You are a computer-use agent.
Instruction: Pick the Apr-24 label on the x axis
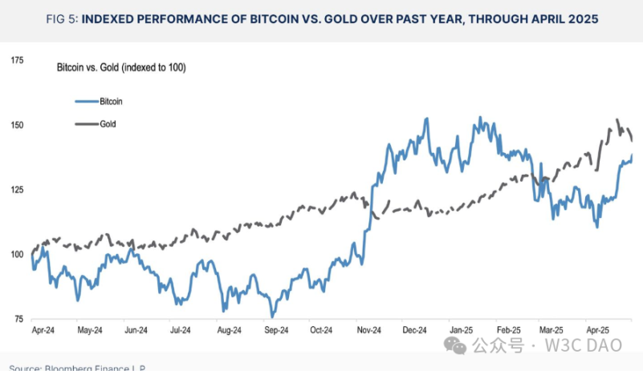point(43,329)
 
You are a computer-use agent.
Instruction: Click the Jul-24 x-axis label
point(180,329)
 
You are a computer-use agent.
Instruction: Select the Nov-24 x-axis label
point(368,329)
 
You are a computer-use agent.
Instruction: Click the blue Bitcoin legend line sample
point(85,102)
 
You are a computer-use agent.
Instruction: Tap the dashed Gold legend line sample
point(85,124)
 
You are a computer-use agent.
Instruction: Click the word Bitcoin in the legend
point(111,102)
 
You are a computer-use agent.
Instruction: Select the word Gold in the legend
point(108,124)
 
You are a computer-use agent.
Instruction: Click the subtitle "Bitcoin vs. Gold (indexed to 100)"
point(121,68)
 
